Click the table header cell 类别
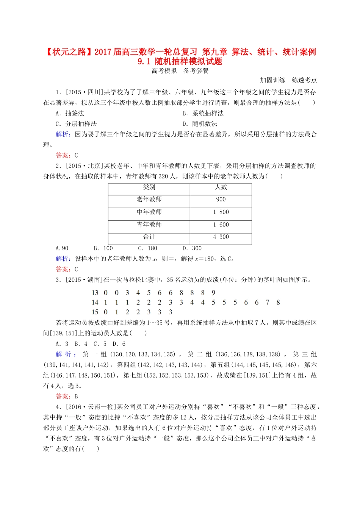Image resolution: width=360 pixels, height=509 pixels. [x=149, y=187]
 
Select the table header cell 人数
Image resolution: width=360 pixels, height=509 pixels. [x=221, y=187]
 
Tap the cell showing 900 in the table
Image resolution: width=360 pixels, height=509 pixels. [x=221, y=200]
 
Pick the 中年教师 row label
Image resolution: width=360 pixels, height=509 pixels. [x=149, y=212]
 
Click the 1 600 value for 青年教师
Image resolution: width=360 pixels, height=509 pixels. [x=221, y=225]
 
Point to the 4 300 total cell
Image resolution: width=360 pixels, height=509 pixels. [x=221, y=237]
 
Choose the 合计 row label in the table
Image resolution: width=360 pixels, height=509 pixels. [x=149, y=237]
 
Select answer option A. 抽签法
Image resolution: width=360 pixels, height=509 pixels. [x=70, y=113]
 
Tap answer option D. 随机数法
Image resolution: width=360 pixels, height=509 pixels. [x=200, y=124]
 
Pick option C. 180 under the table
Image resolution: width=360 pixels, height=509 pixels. [x=147, y=248]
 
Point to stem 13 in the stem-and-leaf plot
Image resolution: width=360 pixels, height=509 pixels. [x=95, y=293]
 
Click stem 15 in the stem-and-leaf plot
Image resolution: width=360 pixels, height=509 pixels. [x=95, y=312]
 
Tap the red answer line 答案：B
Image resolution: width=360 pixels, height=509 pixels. [x=67, y=397]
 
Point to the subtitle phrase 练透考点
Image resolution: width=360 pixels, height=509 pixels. [x=304, y=80]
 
